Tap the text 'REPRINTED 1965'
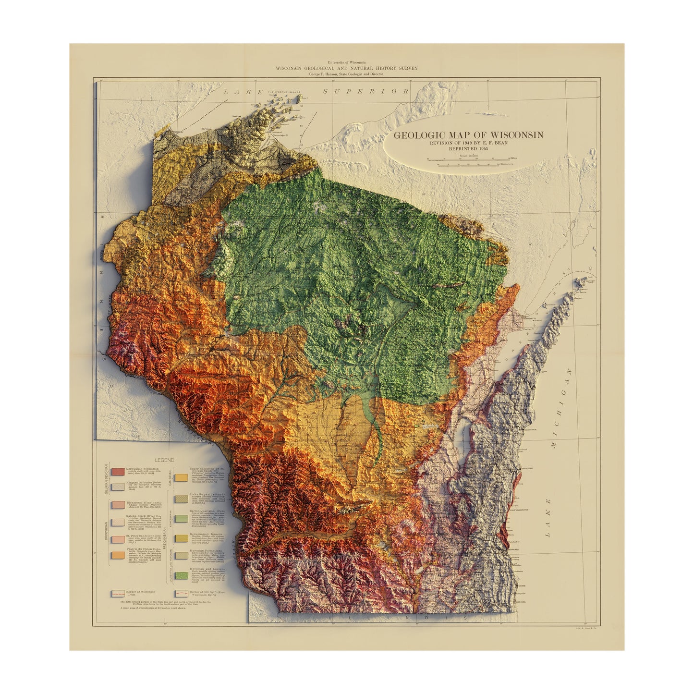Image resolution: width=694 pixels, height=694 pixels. pyautogui.click(x=468, y=149)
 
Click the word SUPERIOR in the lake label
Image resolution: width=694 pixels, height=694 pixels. pyautogui.click(x=365, y=91)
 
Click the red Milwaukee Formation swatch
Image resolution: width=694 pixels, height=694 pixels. pyautogui.click(x=118, y=472)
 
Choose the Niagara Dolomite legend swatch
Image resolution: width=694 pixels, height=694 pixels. pyautogui.click(x=118, y=487)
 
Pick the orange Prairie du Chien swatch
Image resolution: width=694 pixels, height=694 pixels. pyautogui.click(x=118, y=555)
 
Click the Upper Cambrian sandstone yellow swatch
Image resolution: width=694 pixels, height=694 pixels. pyautogui.click(x=181, y=477)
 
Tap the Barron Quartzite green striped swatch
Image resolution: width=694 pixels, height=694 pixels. pyautogui.click(x=181, y=518)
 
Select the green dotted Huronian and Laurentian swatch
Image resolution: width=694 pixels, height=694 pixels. pyautogui.click(x=181, y=575)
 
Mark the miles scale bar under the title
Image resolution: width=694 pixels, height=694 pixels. pyautogui.click(x=468, y=158)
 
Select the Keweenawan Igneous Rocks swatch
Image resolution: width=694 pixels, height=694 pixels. pyautogui.click(x=181, y=538)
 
